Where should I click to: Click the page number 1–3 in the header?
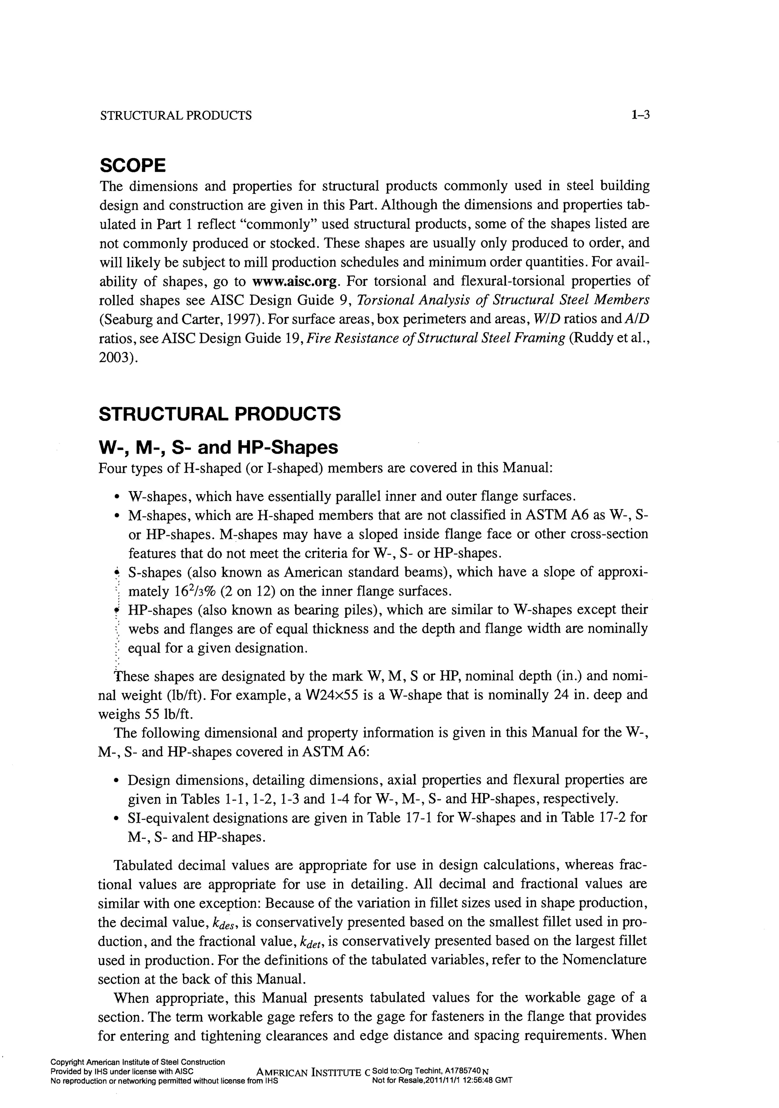tap(640, 115)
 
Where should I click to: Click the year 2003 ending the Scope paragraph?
tap(116, 357)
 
